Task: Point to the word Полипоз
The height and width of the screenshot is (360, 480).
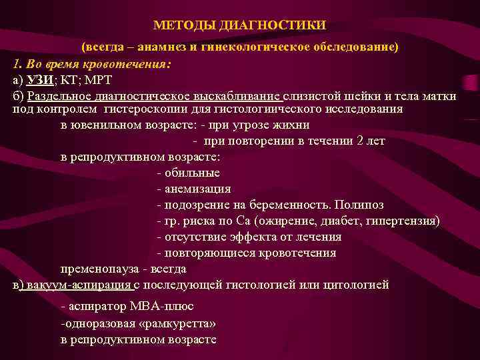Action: click(x=359, y=205)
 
